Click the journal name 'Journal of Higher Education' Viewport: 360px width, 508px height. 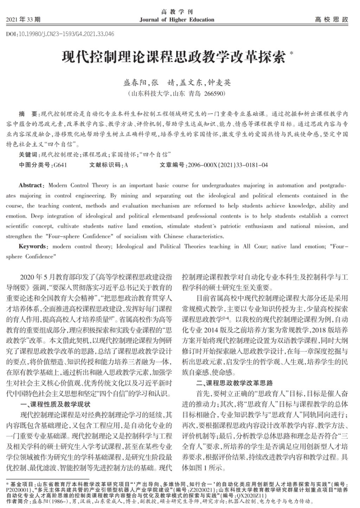[x=176, y=20]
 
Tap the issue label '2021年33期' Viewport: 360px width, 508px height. [x=23, y=19]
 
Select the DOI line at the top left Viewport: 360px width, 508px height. [x=60, y=34]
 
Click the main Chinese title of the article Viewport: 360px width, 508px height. [x=174, y=57]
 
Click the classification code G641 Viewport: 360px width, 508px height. [x=60, y=165]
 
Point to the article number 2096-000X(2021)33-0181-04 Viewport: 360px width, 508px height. [x=228, y=165]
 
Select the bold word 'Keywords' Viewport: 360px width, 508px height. [x=32, y=246]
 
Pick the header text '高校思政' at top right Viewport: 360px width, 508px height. [x=331, y=20]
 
